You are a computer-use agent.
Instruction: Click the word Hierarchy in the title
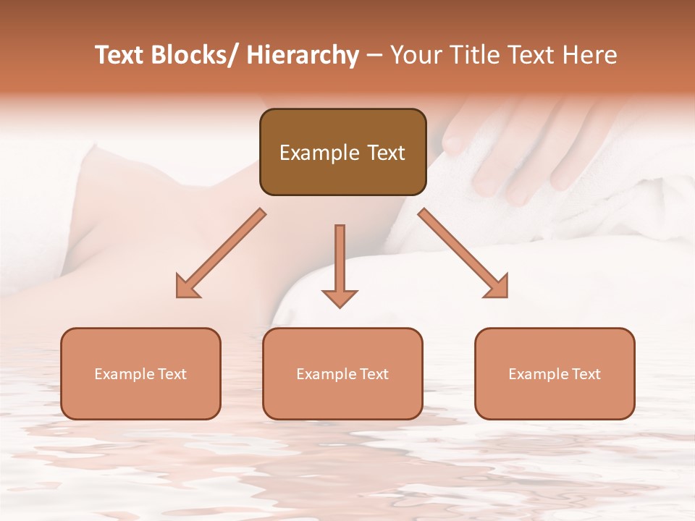pos(303,55)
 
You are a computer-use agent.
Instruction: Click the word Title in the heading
pos(471,55)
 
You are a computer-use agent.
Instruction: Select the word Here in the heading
pos(589,55)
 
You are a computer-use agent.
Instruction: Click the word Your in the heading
pos(416,55)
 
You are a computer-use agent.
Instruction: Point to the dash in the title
pos(374,55)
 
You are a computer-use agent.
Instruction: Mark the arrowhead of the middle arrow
pos(340,297)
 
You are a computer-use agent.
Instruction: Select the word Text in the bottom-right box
pos(585,374)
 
